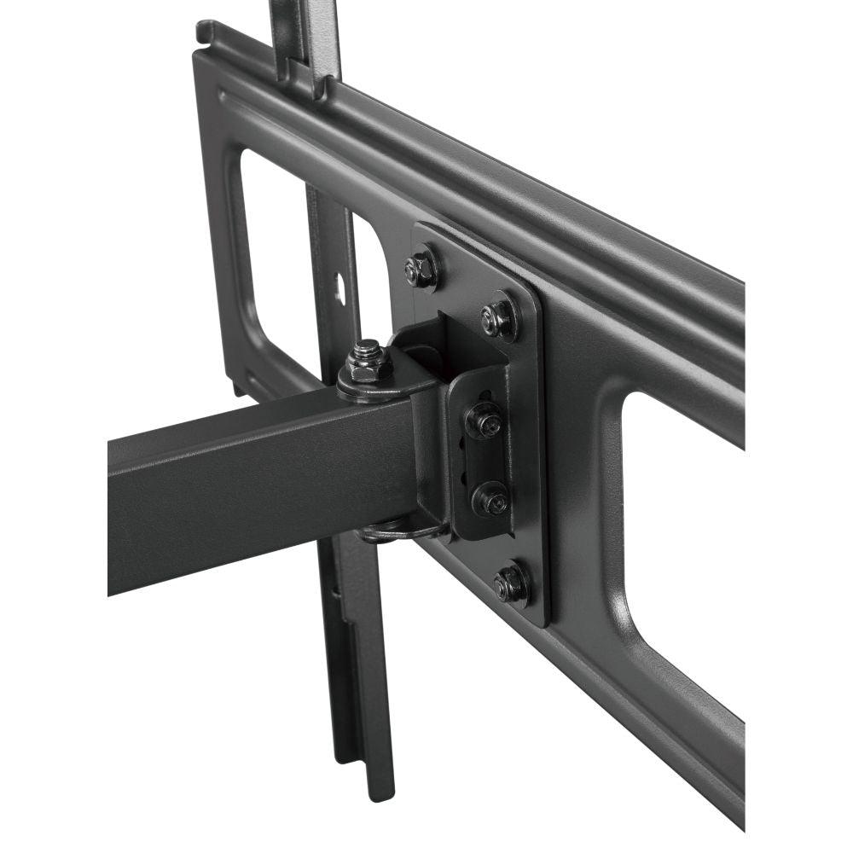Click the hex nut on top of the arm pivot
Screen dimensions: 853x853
tap(369, 368)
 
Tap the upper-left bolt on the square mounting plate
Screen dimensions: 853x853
tap(421, 270)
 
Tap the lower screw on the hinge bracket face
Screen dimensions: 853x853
tap(490, 498)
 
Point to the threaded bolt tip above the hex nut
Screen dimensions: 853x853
tap(367, 348)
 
